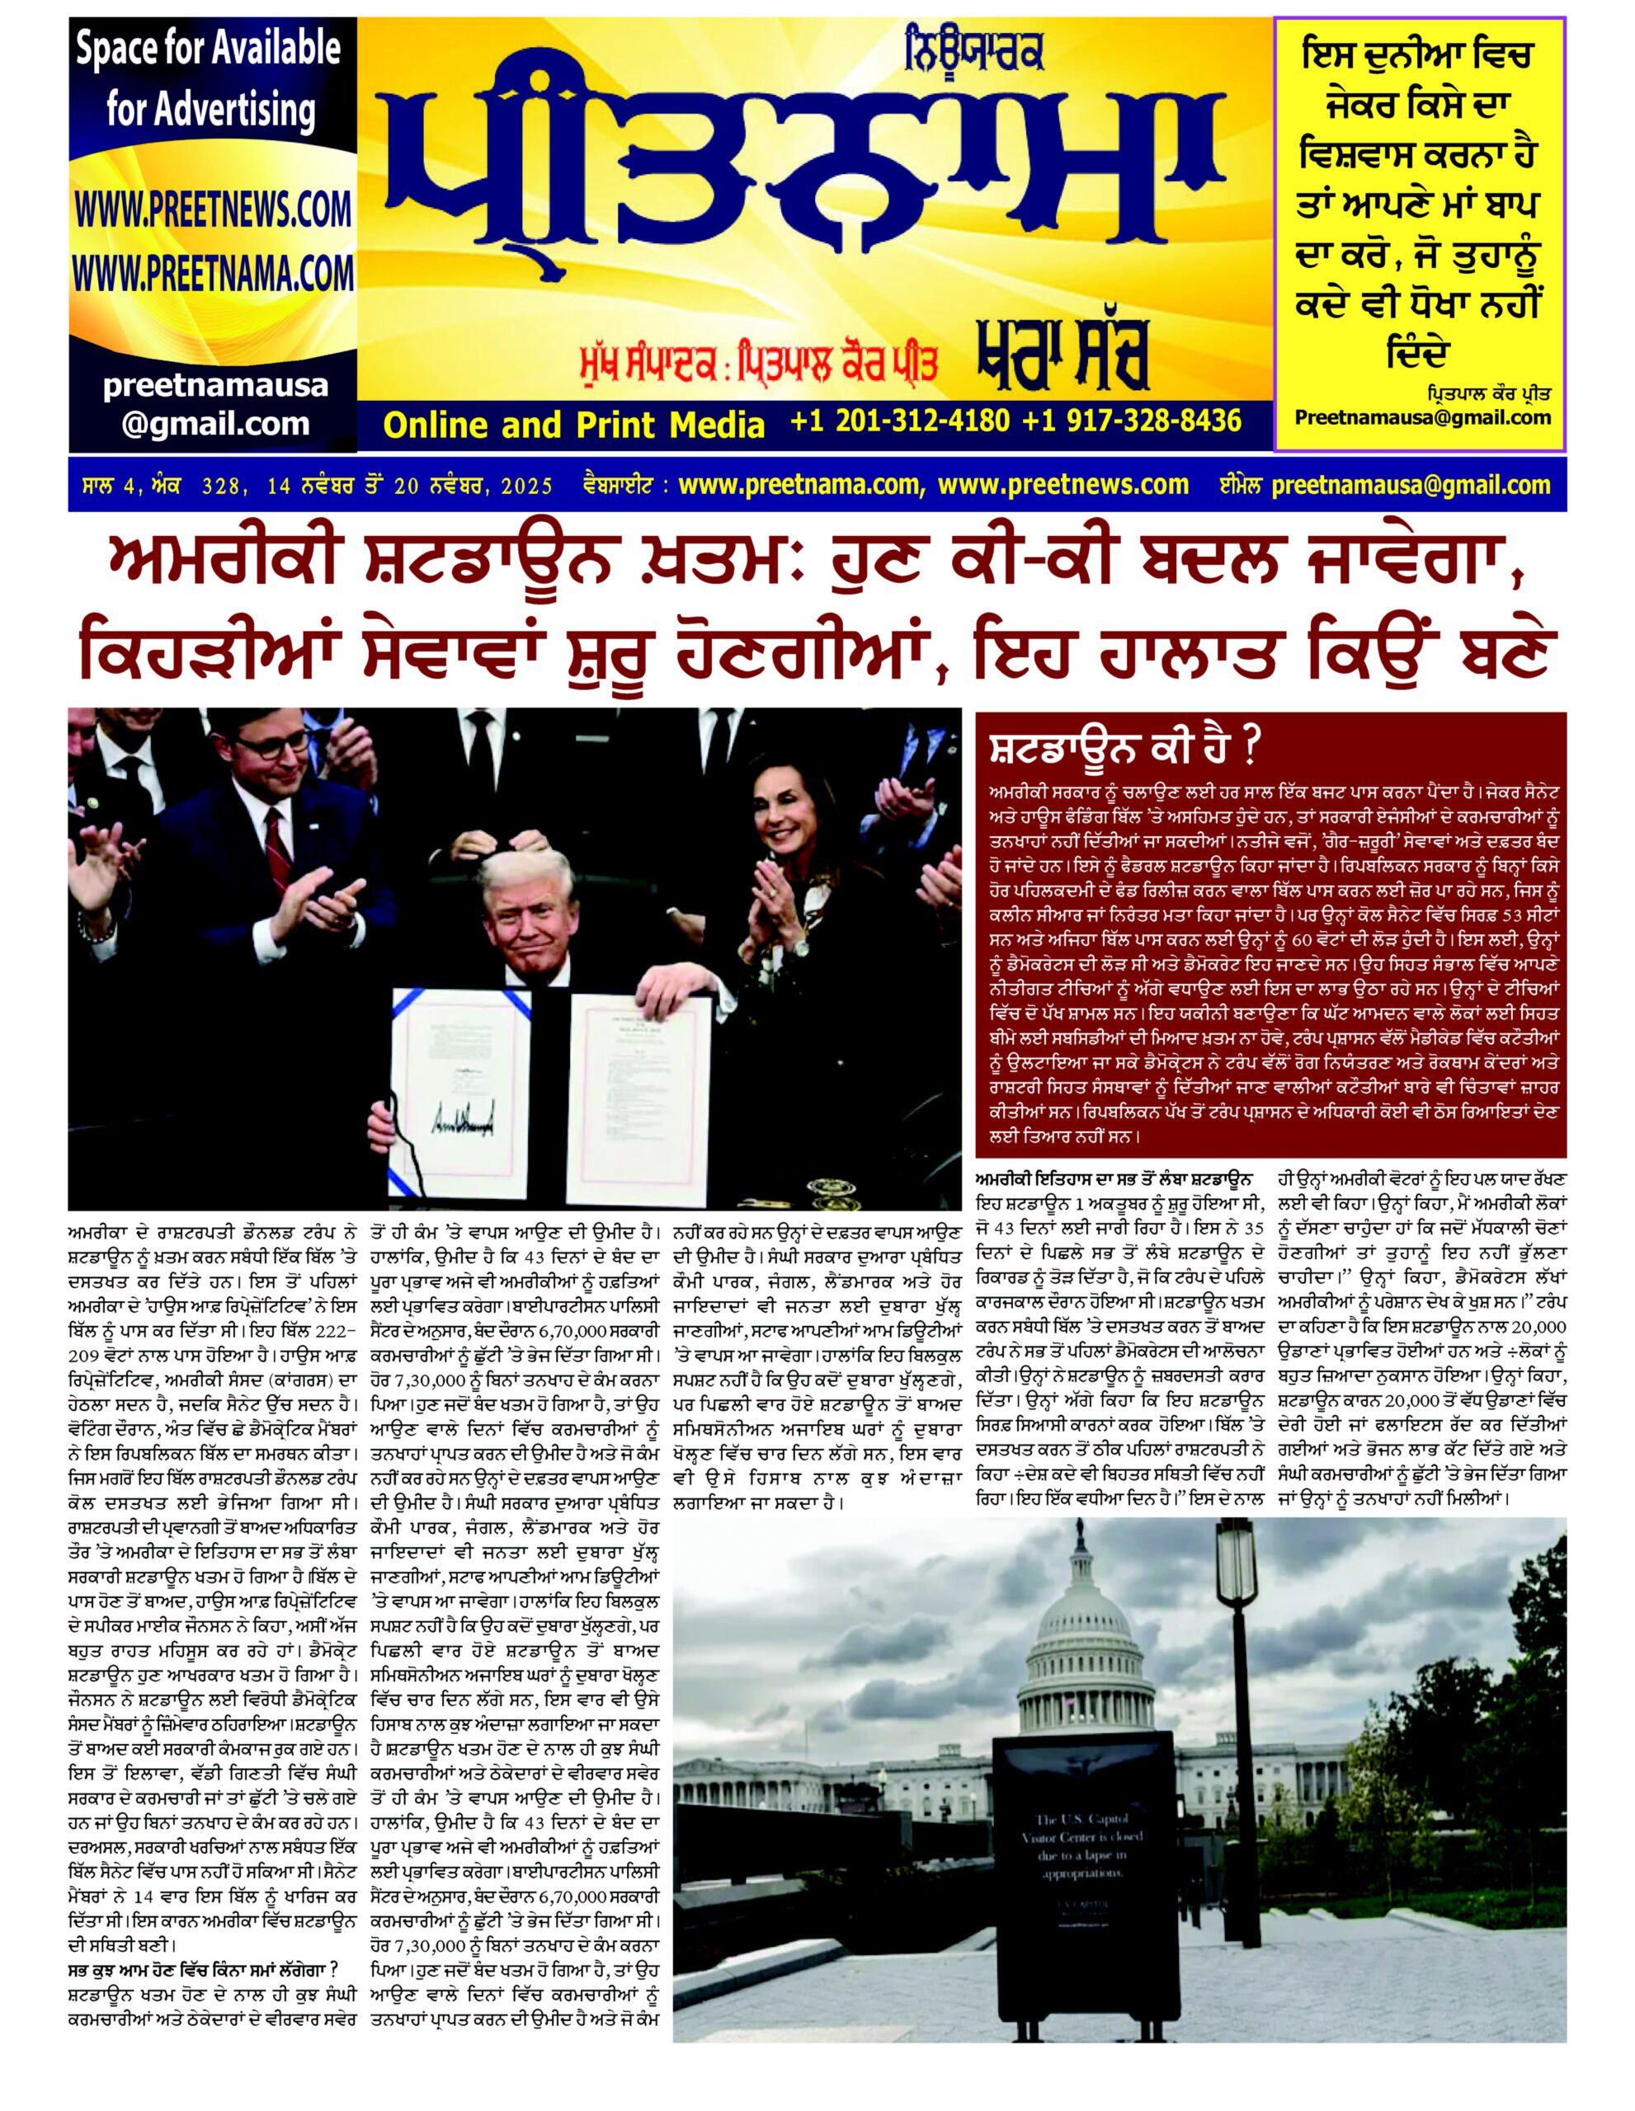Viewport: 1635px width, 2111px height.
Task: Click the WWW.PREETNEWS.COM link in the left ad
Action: click(212, 209)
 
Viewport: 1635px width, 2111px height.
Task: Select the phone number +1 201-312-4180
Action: click(899, 421)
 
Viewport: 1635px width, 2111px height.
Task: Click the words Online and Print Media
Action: click(573, 425)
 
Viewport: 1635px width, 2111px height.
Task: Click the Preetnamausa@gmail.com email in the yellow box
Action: click(1421, 417)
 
